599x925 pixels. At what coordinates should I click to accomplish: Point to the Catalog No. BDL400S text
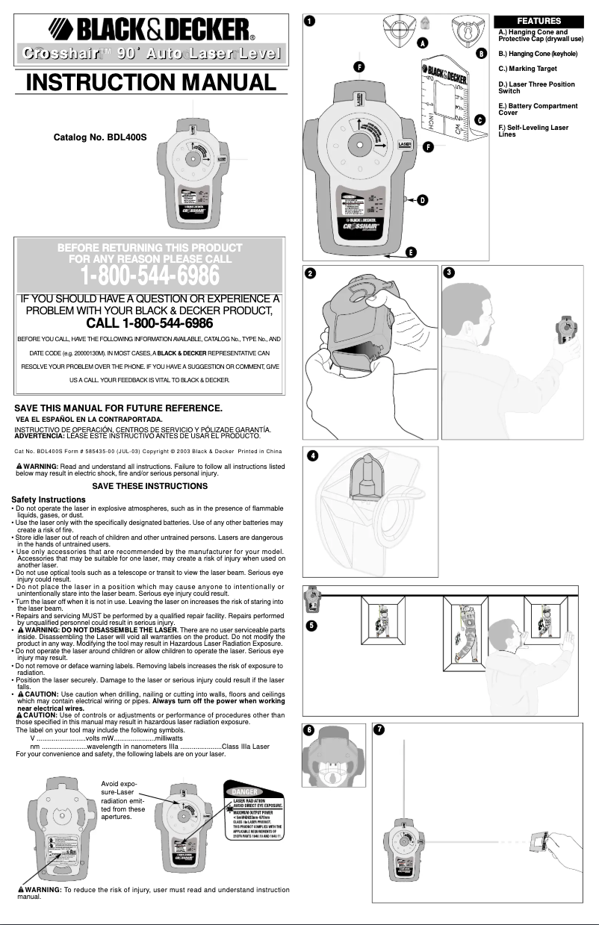[x=100, y=138]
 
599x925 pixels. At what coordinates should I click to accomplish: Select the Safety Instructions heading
[x=48, y=499]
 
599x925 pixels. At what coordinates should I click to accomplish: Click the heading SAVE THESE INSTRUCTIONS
[x=149, y=486]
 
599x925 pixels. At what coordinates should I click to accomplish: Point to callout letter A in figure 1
[x=422, y=44]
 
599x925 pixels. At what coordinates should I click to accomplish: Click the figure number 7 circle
[x=380, y=730]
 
